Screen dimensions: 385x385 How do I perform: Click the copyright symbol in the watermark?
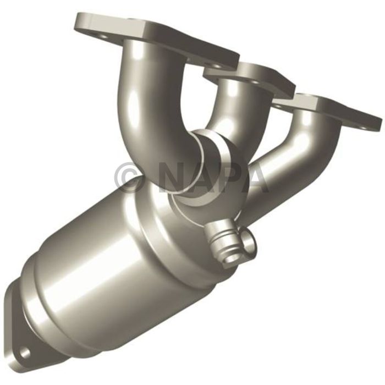coord(129,177)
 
